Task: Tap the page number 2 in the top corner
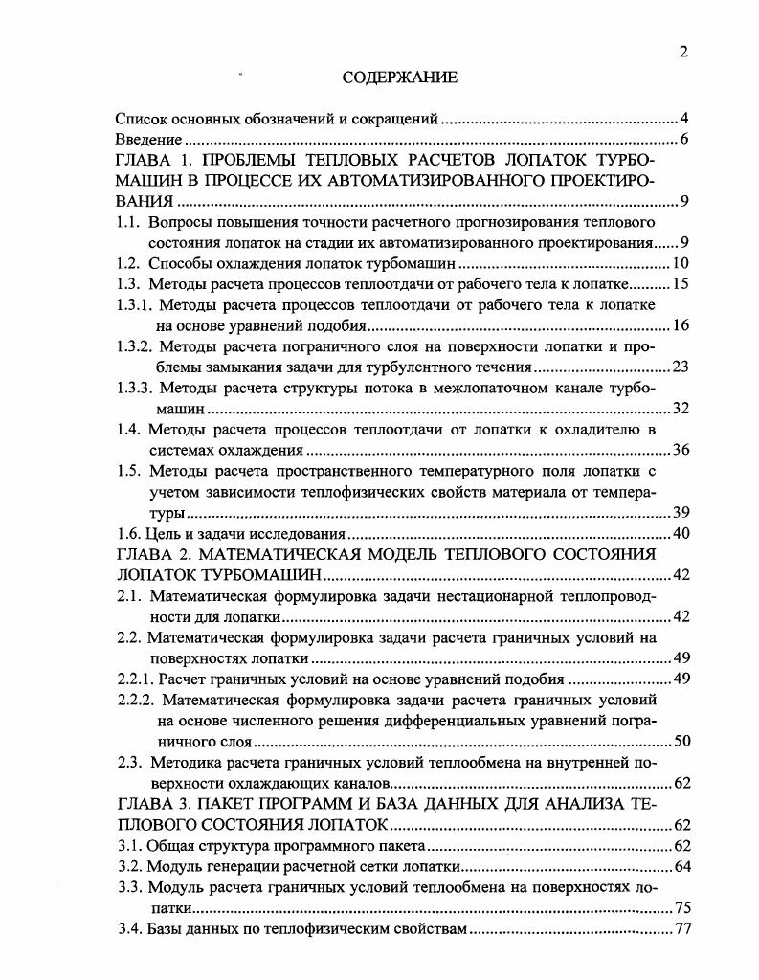683,52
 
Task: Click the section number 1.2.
130,263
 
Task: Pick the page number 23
681,367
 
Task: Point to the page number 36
681,450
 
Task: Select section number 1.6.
128,533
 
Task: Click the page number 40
681,533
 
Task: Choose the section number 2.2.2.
136,700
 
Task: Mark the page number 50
681,741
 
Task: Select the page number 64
681,867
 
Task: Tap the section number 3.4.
128,929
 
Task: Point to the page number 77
681,929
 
